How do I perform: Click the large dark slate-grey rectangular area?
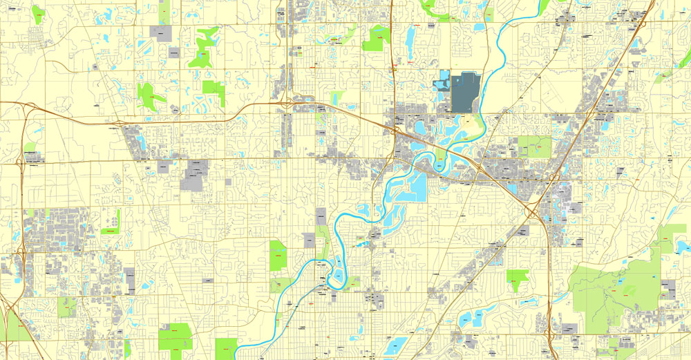click(466, 93)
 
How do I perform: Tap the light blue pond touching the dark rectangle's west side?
click(439, 84)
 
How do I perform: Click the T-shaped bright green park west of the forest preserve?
click(516, 278)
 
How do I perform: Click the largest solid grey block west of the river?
click(195, 176)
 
